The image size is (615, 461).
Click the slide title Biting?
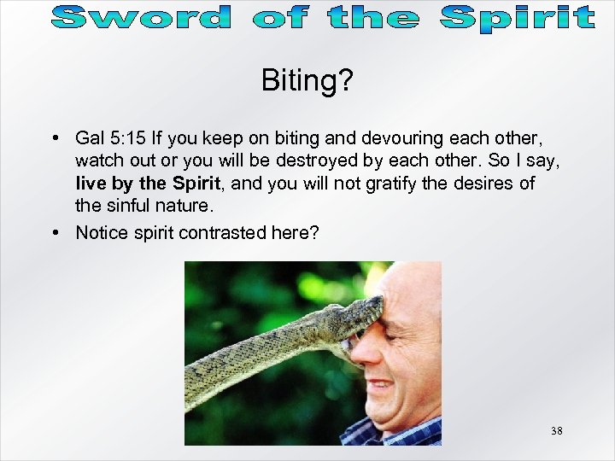(307, 81)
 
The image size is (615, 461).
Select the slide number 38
(556, 431)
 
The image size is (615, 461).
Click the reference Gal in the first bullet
(89, 137)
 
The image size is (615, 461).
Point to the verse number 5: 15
(126, 137)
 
